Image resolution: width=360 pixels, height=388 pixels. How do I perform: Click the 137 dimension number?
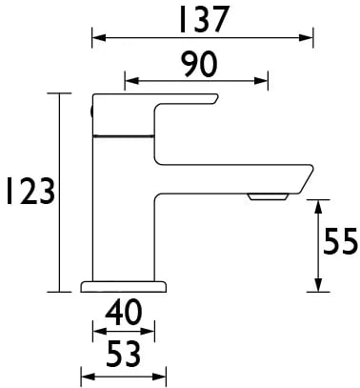[204, 20]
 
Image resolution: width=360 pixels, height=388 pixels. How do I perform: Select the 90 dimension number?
[199, 65]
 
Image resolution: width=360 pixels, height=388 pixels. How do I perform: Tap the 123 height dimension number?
[30, 191]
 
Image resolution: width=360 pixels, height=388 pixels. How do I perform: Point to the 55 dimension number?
[340, 241]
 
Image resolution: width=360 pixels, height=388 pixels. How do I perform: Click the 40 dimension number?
[124, 313]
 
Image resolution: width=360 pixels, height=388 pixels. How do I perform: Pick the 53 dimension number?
[123, 354]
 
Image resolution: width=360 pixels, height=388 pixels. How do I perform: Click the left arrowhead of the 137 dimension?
[98, 38]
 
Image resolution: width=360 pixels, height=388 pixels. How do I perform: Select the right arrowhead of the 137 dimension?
[307, 38]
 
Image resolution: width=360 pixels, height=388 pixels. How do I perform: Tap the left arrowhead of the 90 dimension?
[131, 81]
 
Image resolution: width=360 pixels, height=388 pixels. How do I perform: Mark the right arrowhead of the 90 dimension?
[261, 81]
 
